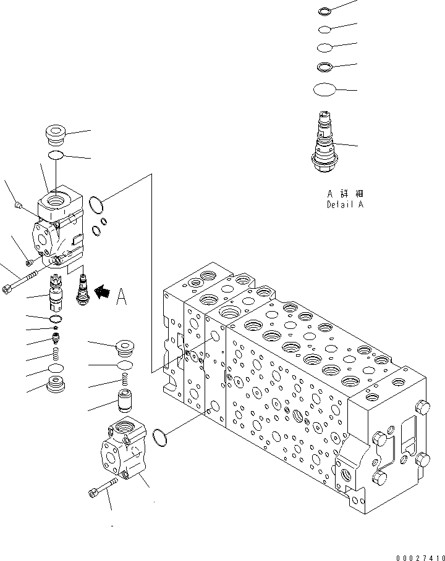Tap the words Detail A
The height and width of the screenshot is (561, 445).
tap(345, 204)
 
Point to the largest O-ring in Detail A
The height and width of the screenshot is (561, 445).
tap(324, 90)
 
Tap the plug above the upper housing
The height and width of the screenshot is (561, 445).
tap(56, 134)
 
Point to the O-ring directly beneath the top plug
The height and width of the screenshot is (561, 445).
tap(56, 154)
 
